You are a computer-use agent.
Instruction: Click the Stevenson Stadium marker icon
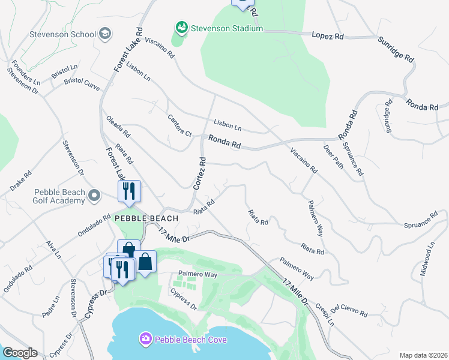point(181,28)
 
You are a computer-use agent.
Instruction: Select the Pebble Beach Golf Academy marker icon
point(94,196)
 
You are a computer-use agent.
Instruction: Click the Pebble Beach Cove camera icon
point(146,340)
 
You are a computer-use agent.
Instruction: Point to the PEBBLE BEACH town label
point(146,218)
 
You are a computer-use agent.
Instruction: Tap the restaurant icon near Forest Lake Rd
point(130,192)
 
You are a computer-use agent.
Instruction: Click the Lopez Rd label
point(328,35)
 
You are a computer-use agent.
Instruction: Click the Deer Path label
point(334,156)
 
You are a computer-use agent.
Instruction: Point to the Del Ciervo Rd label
point(349,310)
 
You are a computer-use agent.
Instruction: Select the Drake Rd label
point(20,180)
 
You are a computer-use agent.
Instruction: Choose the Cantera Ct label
point(179,125)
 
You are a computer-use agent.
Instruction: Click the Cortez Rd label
point(200,173)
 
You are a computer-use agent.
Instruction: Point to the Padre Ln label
point(50,306)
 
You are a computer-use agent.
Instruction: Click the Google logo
point(19,353)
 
